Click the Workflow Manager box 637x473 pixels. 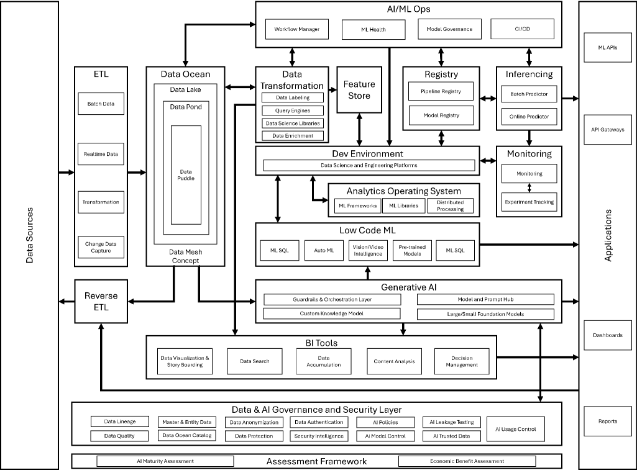click(x=297, y=29)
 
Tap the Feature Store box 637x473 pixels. click(x=359, y=89)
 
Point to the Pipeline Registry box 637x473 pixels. click(x=441, y=91)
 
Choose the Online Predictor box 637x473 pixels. click(x=529, y=116)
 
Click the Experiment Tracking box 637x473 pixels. click(x=529, y=202)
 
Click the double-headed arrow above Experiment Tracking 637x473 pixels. click(x=529, y=187)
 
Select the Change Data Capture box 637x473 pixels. click(x=101, y=247)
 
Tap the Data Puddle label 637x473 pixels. click(x=186, y=175)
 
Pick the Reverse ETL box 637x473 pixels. click(x=101, y=301)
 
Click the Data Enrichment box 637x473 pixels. click(x=293, y=135)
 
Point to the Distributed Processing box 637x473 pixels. click(x=450, y=206)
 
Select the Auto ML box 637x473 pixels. click(x=324, y=250)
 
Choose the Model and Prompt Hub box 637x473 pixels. click(x=485, y=299)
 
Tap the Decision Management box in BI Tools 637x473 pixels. click(x=461, y=361)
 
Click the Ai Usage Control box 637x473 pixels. click(x=515, y=429)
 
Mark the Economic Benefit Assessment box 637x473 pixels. click(x=467, y=461)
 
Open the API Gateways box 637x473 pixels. click(x=607, y=130)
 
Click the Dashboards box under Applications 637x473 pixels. click(x=607, y=335)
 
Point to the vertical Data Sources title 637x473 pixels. click(x=29, y=235)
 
